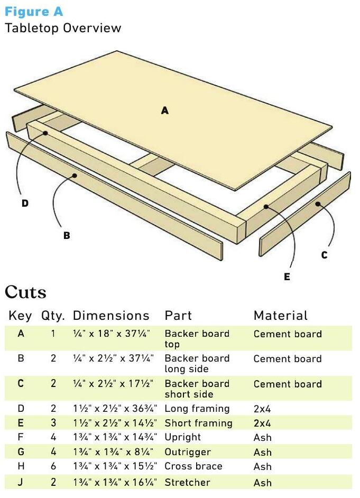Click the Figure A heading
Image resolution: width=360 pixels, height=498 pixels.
(x=34, y=12)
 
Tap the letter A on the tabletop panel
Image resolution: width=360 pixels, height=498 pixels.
(x=164, y=110)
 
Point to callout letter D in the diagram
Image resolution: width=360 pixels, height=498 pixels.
(x=25, y=203)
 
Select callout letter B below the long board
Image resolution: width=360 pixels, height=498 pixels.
(x=67, y=236)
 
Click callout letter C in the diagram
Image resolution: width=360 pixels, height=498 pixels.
(x=324, y=255)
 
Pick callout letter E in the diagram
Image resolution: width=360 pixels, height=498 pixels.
(x=287, y=277)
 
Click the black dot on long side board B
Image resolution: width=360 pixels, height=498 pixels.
(x=75, y=176)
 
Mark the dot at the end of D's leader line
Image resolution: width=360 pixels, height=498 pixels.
(x=45, y=133)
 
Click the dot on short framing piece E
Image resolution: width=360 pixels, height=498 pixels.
(x=266, y=207)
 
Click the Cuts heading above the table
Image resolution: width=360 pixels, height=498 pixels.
(x=25, y=292)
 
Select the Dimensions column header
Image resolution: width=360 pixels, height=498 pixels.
(x=111, y=316)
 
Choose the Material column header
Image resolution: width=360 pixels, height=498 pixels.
(x=281, y=316)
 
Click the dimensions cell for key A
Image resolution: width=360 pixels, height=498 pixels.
(x=112, y=334)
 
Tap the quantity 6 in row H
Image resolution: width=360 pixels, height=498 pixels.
(x=53, y=466)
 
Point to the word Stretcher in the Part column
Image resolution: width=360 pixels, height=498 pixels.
(x=187, y=483)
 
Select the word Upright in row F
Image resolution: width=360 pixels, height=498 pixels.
(x=183, y=437)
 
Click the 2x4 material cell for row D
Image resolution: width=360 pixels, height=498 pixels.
(x=262, y=409)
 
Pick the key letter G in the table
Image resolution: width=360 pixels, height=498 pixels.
(x=21, y=451)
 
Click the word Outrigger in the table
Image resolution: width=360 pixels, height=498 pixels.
(x=188, y=452)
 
